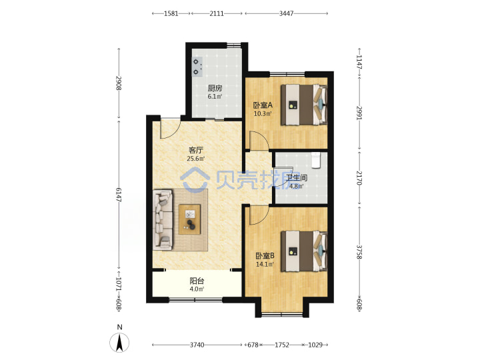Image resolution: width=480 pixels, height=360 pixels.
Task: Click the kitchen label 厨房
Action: point(215,88)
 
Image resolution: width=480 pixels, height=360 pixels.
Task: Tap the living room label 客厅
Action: point(196,150)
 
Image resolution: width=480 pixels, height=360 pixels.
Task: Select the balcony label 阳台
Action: point(197,281)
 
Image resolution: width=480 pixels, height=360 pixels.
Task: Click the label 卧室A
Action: point(263,105)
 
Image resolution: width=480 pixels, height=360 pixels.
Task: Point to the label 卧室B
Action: point(265,255)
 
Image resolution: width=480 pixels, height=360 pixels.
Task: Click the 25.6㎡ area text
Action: point(196,159)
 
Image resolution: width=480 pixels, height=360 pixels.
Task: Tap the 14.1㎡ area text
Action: point(265,264)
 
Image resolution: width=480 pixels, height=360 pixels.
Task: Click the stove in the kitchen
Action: point(197,67)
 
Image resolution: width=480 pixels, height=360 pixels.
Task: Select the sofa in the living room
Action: point(163,219)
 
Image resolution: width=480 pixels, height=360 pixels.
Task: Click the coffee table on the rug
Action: point(190,219)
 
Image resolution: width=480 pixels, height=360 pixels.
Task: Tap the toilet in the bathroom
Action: point(315,160)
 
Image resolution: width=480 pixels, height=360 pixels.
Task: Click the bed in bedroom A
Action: point(304,105)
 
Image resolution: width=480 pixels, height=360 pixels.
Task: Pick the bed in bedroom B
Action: point(304,251)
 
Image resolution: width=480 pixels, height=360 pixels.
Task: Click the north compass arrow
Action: point(119,342)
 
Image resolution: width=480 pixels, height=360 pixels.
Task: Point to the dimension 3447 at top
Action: point(286,13)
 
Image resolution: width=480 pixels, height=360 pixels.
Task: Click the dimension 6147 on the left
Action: point(119,195)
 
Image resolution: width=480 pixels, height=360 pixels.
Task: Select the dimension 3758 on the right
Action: point(359,251)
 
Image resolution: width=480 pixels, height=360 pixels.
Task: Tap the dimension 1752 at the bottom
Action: point(281,345)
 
